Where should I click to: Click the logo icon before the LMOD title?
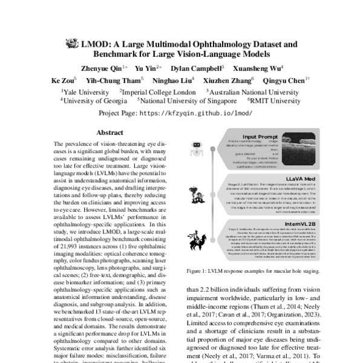[73, 44]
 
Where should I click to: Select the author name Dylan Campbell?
[197, 68]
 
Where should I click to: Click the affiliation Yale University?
[86, 91]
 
